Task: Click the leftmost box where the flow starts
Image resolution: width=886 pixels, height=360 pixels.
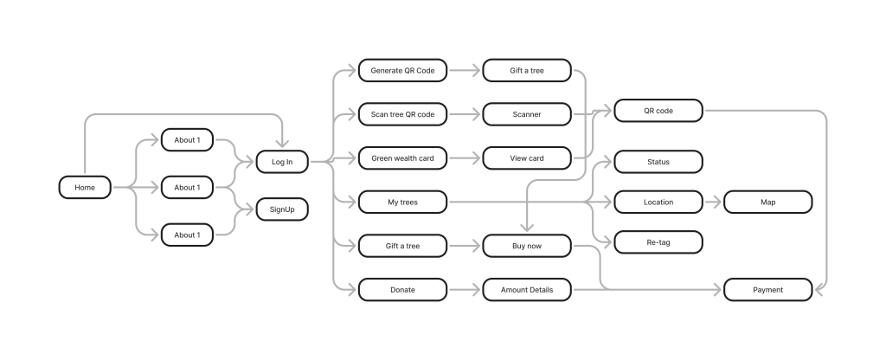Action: point(85,187)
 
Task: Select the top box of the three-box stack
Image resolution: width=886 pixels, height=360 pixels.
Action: point(187,139)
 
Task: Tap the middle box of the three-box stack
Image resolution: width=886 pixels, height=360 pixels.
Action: point(187,187)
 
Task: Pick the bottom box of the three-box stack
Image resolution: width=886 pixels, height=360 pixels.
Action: point(187,235)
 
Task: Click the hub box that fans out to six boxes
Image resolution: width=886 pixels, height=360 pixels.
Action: point(282,161)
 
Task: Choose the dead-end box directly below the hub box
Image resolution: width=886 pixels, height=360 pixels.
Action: point(282,209)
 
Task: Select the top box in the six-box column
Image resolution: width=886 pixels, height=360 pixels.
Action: point(402,70)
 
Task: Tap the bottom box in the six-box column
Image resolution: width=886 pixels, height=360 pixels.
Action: point(402,289)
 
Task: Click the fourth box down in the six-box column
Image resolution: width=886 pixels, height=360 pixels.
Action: point(402,202)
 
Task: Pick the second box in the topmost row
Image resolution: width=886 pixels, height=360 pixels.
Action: point(527,70)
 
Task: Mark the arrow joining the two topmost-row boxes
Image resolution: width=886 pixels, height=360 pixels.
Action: point(465,70)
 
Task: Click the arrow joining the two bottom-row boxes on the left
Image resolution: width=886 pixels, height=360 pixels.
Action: point(465,289)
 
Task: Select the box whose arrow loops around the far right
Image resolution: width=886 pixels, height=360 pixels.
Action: point(658,111)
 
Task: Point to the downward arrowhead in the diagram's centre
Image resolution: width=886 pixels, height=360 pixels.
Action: point(527,228)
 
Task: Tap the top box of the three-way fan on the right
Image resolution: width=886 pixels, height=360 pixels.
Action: point(658,161)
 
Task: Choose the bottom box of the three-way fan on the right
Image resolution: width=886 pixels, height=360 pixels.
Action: point(658,242)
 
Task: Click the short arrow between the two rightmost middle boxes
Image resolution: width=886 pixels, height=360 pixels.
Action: point(713,202)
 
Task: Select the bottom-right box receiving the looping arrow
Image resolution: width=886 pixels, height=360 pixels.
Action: point(768,289)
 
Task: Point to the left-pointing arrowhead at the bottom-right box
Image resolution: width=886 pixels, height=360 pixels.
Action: point(818,289)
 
